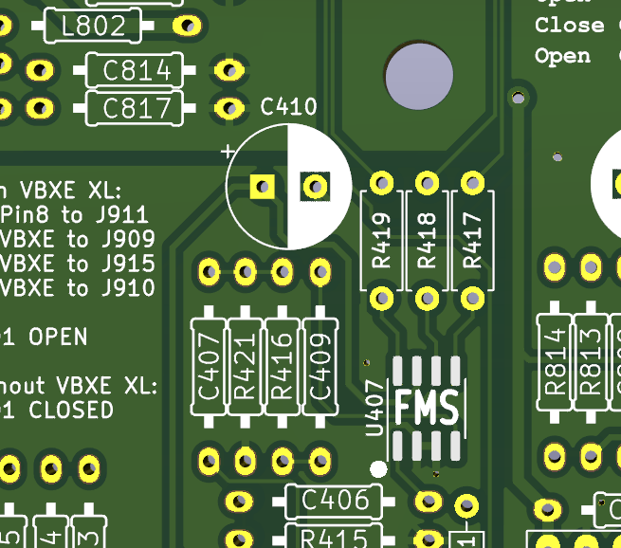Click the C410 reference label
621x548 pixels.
click(288, 107)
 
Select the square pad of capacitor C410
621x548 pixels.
click(262, 186)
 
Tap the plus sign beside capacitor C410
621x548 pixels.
click(228, 151)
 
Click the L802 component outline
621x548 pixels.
click(92, 27)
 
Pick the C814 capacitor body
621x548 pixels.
click(137, 70)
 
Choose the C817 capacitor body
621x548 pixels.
click(137, 108)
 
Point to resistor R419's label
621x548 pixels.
click(382, 241)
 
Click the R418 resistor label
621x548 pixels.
click(427, 241)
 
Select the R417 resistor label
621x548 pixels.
click(472, 241)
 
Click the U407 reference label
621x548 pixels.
click(375, 408)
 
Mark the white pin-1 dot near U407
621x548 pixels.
click(378, 468)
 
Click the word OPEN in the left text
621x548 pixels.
click(58, 337)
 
